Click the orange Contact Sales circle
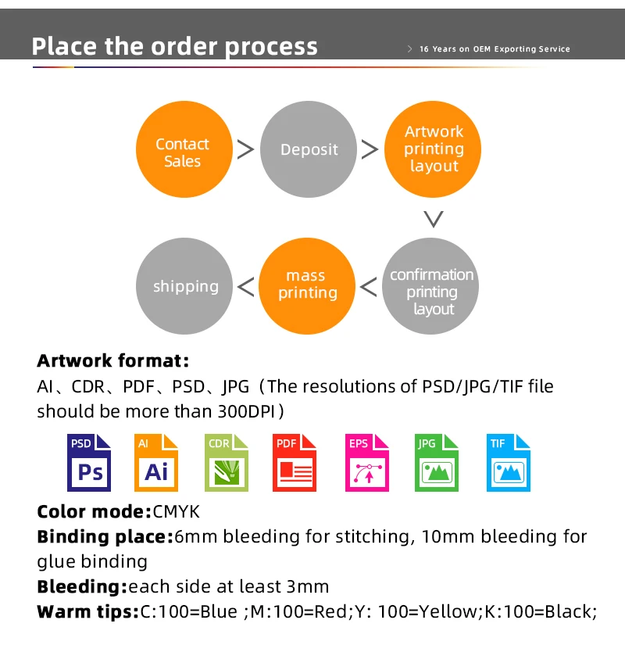coord(182,152)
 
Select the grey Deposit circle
coord(309,150)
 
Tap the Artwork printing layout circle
coord(434,149)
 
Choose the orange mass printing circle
coord(307,285)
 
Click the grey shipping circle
coord(185,286)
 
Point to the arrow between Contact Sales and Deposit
coord(245,149)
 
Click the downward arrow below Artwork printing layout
coord(433,218)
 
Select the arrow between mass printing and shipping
coord(245,287)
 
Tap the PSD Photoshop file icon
coord(89,462)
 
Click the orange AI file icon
coord(156,462)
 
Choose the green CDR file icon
coord(226,462)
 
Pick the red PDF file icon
coord(295,462)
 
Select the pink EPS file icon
coord(366,462)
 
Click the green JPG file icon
coord(434,462)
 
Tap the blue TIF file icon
coord(507,462)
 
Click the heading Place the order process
coord(175,45)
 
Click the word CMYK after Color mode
coord(177,512)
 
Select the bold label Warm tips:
coord(87,611)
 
